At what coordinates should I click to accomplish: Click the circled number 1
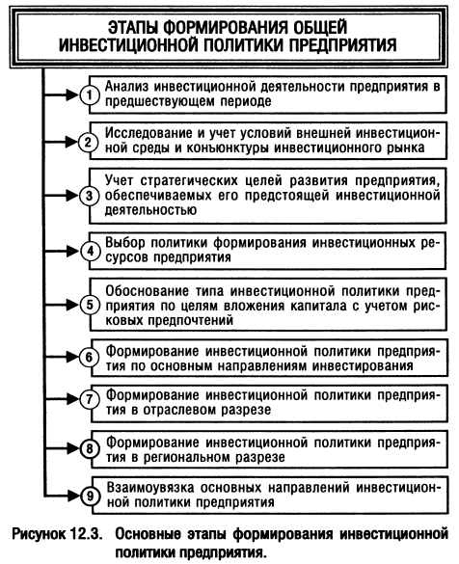[90, 95]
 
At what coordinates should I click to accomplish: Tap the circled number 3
[90, 196]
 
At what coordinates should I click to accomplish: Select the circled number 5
[90, 305]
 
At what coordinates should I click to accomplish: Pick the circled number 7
[90, 399]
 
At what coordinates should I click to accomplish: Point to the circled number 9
[90, 496]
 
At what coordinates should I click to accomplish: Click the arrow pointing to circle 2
[61, 142]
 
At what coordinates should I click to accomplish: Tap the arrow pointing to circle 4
[61, 251]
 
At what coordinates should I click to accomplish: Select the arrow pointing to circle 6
[61, 357]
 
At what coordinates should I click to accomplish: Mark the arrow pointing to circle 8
[61, 448]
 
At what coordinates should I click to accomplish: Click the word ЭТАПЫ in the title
[133, 28]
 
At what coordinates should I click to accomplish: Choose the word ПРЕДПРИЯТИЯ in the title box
[343, 45]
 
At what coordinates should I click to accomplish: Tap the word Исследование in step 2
[148, 133]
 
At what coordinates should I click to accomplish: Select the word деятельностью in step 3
[150, 210]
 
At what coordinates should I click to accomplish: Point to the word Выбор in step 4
[125, 243]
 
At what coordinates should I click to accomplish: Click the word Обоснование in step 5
[147, 290]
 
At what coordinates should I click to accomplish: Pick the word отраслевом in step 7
[178, 410]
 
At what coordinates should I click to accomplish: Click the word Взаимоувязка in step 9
[150, 488]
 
